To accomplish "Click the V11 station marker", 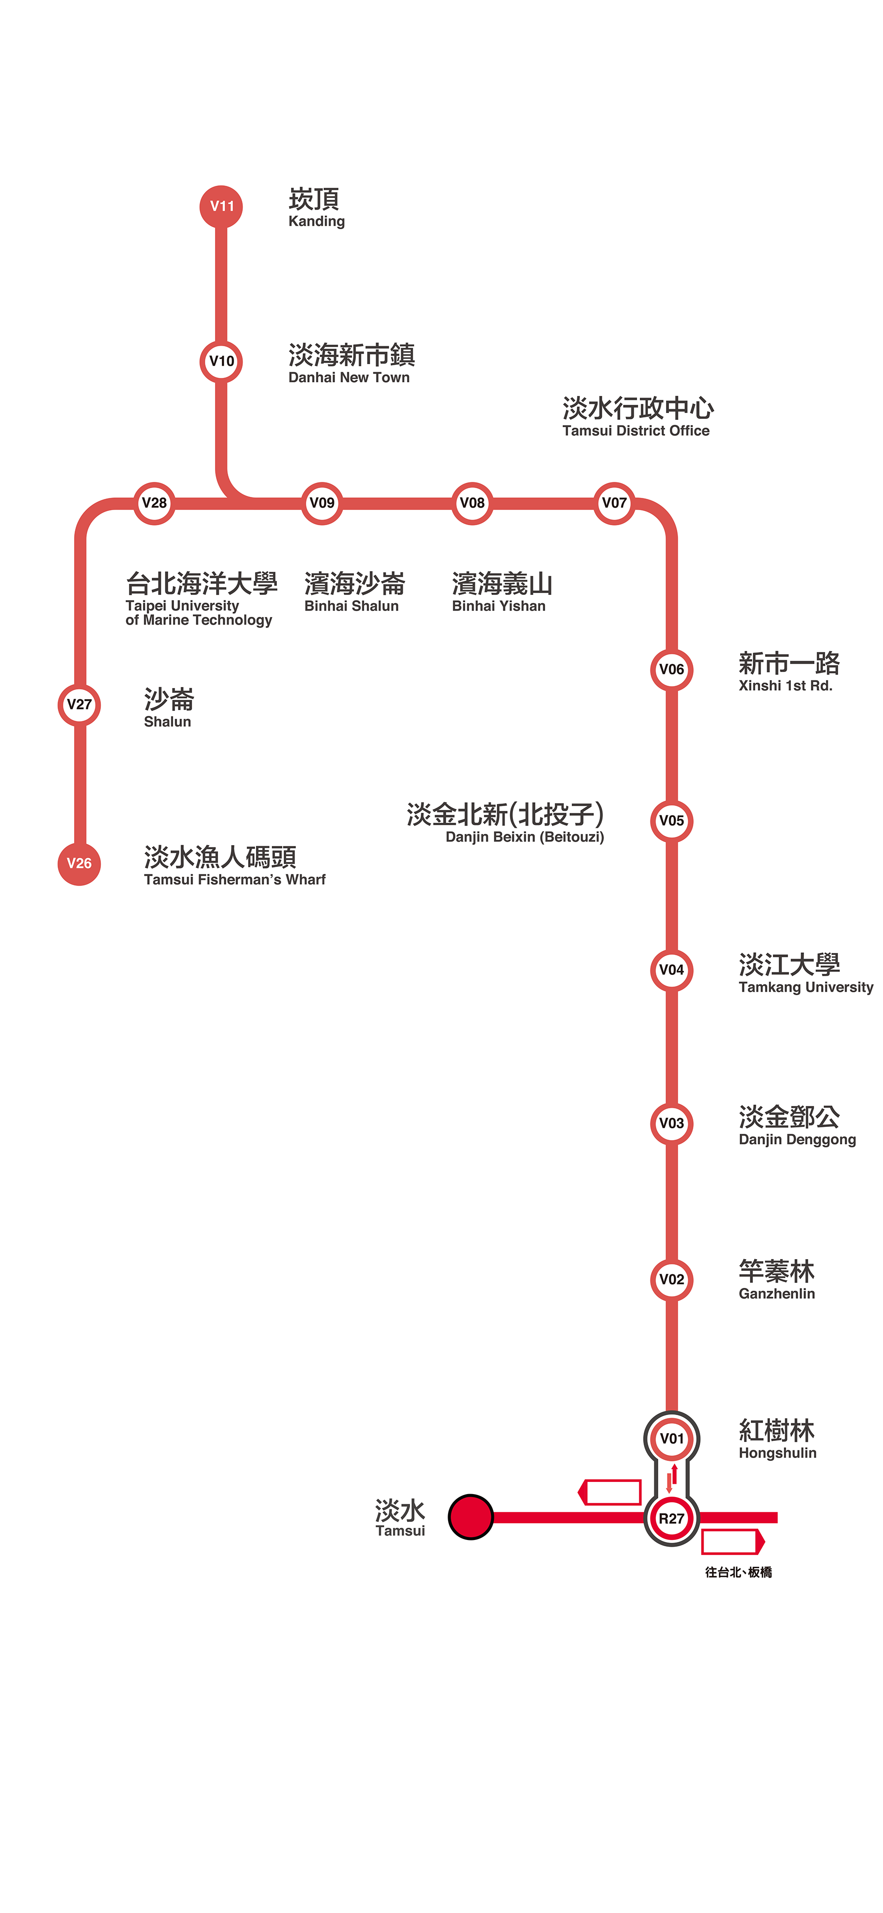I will point(221,206).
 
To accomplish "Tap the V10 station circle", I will point(221,362).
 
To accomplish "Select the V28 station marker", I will point(155,503).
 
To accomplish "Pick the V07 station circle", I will point(614,503).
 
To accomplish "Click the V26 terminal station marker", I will point(79,864).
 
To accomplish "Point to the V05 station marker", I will point(671,821).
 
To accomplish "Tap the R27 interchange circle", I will point(671,1519).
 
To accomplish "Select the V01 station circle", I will point(671,1439).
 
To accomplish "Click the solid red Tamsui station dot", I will point(471,1517).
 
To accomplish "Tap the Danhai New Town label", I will point(351,363).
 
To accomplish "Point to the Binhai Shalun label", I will point(353,592).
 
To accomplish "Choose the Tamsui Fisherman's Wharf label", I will point(234,866).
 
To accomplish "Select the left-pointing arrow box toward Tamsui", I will point(610,1492).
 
